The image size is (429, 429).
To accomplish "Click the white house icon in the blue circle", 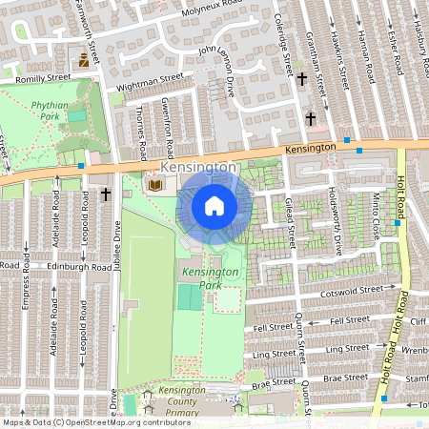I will pos(214,206).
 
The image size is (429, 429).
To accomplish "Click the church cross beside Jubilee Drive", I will pos(106,194).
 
